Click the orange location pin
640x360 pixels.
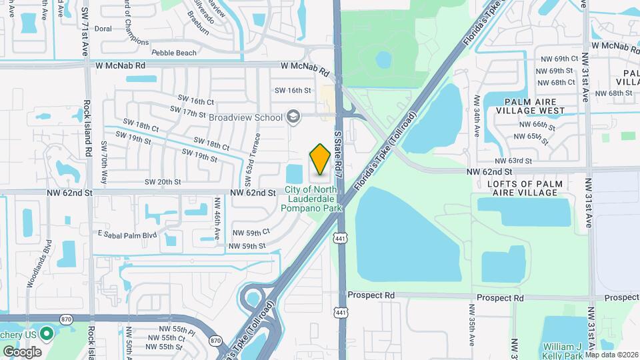[x=320, y=159]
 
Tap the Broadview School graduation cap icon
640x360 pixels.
[x=292, y=117]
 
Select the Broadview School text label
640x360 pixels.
[x=245, y=117]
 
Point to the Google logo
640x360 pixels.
[x=21, y=351]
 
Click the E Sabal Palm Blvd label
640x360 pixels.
[x=127, y=235]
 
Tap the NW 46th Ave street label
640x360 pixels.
[x=217, y=219]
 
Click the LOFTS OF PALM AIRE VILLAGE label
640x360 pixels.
[x=525, y=188]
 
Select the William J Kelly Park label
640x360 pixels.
[x=562, y=351]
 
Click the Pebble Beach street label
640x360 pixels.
[x=174, y=53]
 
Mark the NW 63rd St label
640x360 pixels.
[x=513, y=161]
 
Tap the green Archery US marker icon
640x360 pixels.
[x=47, y=332]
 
